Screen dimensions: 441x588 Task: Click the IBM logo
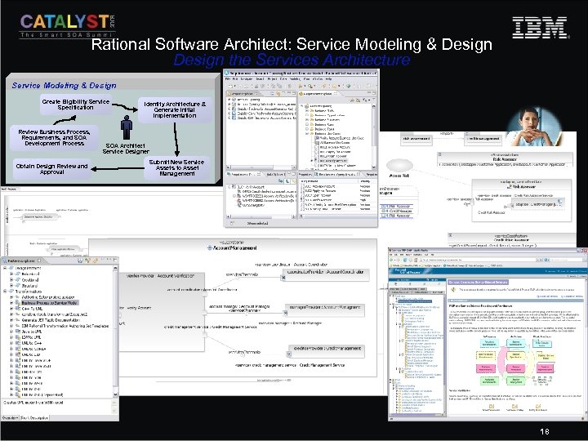point(539,27)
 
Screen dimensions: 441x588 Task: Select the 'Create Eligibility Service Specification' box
point(75,105)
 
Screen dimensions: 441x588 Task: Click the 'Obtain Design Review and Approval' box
point(51,169)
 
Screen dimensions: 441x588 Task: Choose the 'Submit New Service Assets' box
point(176,167)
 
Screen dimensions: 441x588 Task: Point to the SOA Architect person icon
point(127,127)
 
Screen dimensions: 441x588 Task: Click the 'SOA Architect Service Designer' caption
point(126,148)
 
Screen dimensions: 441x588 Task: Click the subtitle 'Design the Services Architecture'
point(292,60)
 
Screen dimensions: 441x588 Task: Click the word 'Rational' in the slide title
point(122,45)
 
